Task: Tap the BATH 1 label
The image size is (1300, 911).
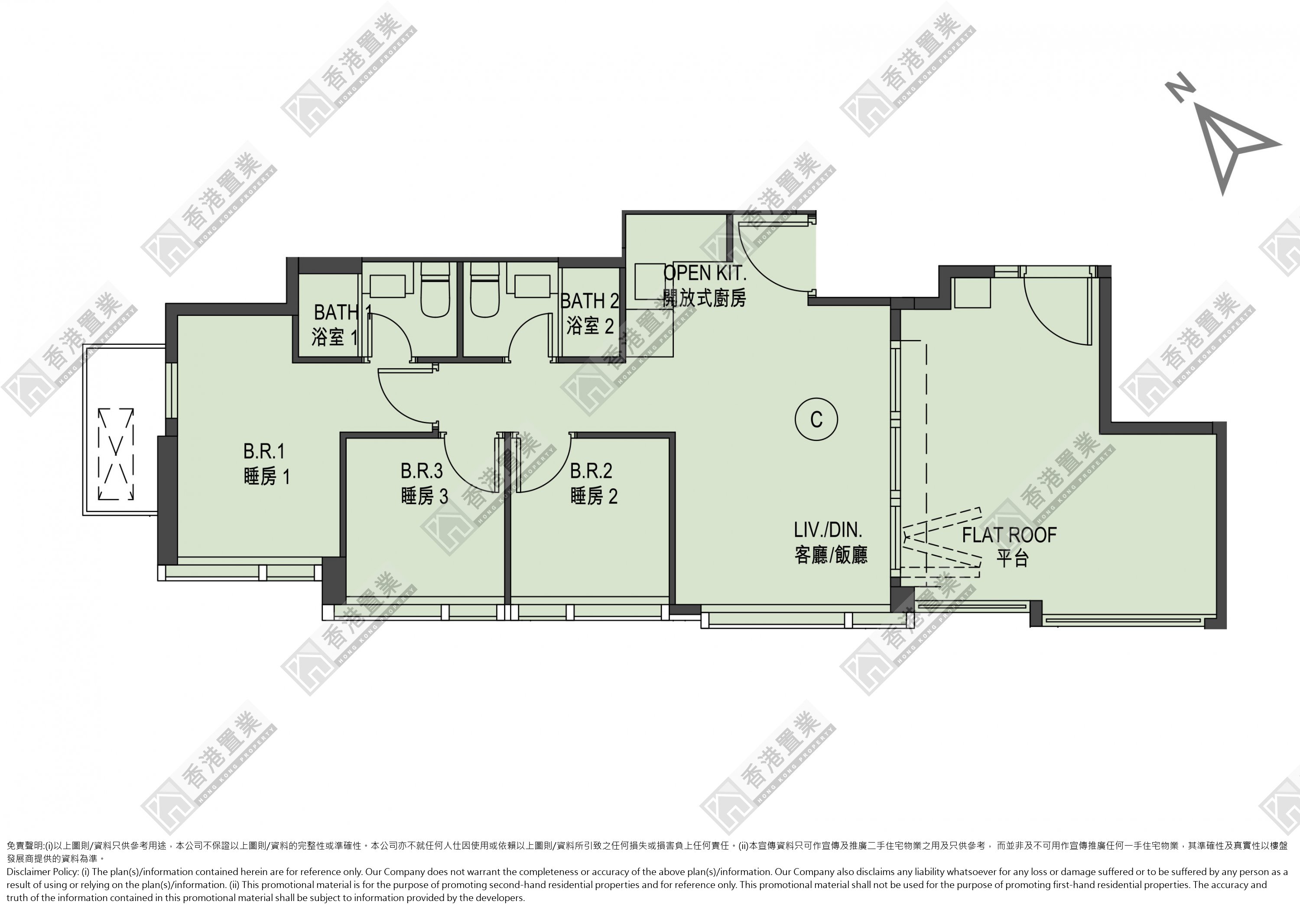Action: tap(343, 312)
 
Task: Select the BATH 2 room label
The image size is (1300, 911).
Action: tap(589, 301)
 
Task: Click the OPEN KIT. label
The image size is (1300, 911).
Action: tap(705, 273)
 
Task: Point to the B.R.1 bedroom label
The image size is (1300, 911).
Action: tap(264, 451)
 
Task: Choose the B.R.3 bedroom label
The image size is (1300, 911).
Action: tap(421, 470)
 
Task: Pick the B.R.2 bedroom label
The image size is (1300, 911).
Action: tap(591, 470)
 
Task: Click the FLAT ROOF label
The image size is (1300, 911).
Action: tap(1009, 535)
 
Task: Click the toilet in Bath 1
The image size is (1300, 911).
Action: tap(435, 289)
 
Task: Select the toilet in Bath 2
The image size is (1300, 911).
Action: tap(484, 289)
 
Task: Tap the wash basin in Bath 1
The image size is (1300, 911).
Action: tap(387, 286)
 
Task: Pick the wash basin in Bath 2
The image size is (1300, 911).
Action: tap(532, 286)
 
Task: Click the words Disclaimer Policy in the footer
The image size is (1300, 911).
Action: tap(42, 872)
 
